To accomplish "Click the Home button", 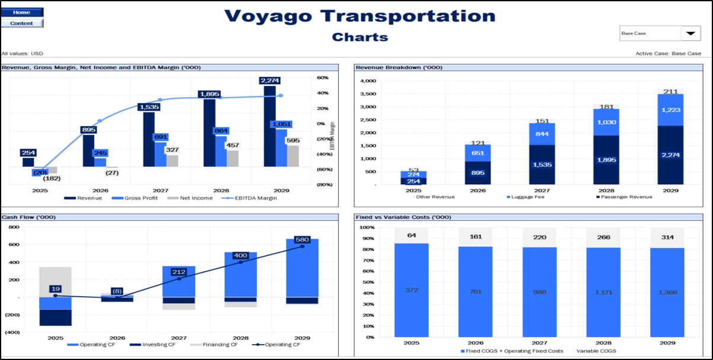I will click(x=22, y=12).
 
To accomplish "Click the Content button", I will click(x=22, y=23).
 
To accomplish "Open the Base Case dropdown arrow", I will click(x=690, y=34).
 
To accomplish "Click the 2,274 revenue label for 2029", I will click(x=269, y=81).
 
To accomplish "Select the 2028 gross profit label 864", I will click(x=220, y=131).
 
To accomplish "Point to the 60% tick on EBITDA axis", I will click(x=322, y=78).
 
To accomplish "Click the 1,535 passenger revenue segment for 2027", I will click(x=538, y=165).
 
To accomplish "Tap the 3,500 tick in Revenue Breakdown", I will click(x=368, y=94).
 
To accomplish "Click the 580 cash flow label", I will click(x=302, y=239).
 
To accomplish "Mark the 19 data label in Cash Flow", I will click(x=55, y=288).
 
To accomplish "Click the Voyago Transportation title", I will click(x=360, y=16).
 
